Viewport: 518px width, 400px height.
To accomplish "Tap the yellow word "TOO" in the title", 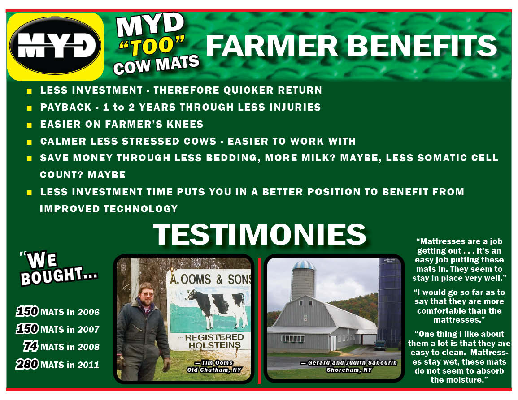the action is [x=151, y=46].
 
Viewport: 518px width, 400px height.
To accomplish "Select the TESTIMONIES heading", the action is [x=260, y=234].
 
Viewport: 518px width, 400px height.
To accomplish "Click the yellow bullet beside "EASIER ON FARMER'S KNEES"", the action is [x=30, y=125].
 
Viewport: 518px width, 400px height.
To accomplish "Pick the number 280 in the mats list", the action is [x=27, y=364].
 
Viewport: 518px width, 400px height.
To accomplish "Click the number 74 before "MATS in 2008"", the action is [x=31, y=346].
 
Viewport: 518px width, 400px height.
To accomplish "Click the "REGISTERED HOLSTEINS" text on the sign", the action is [x=214, y=341].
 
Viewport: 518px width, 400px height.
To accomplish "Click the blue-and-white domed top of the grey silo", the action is [x=304, y=265].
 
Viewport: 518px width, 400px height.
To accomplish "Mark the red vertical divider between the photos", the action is [x=259, y=320].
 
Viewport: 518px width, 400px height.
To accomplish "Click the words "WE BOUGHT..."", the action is [x=58, y=268].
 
